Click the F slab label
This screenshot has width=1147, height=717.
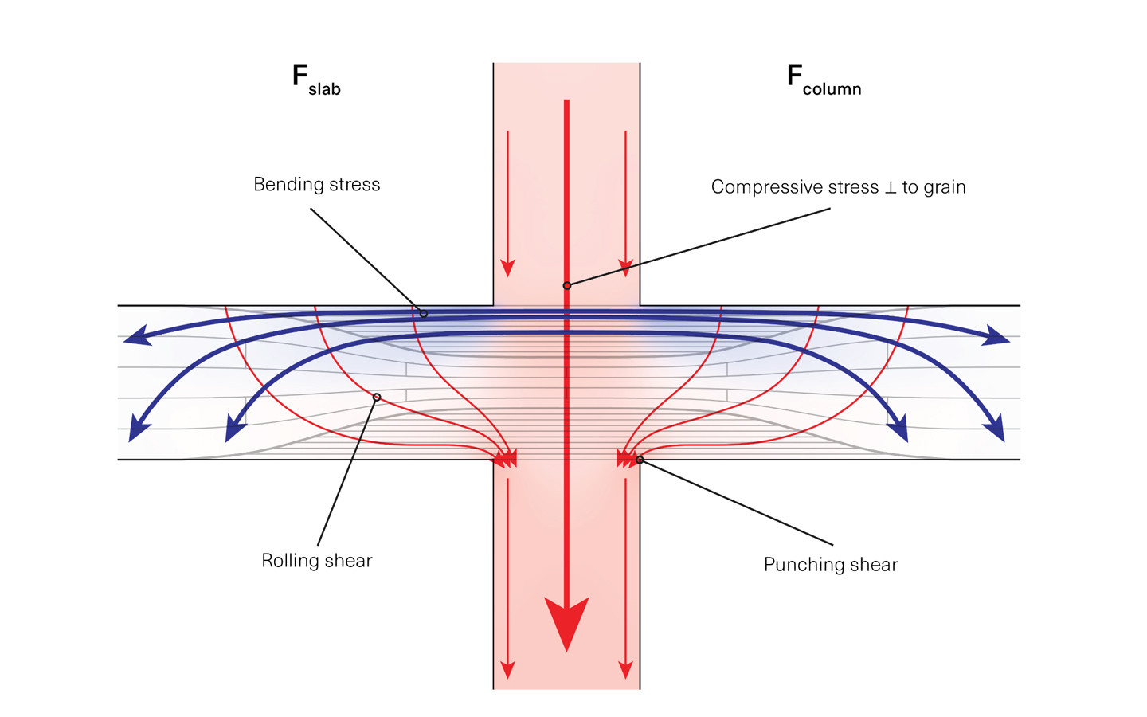[316, 80]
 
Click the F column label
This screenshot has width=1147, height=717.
[824, 80]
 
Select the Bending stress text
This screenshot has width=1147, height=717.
[316, 185]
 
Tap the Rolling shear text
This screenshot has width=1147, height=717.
[316, 561]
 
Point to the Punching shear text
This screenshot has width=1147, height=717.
[830, 565]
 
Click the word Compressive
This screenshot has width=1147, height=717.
[761, 187]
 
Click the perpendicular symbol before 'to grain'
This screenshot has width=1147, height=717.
[891, 188]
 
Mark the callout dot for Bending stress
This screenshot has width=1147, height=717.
[424, 314]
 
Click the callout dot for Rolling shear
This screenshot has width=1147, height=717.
[377, 397]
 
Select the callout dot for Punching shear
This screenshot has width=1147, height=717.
[640, 460]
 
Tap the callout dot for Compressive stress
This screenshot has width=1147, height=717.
[567, 285]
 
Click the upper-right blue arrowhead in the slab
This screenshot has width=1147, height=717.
[996, 336]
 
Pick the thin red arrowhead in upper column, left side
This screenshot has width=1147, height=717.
[507, 268]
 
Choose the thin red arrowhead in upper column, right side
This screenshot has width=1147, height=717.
[626, 268]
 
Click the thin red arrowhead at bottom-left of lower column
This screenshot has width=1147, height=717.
[507, 670]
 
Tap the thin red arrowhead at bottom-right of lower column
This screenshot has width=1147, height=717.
[626, 670]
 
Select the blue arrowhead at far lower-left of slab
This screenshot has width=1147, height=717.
[139, 430]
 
